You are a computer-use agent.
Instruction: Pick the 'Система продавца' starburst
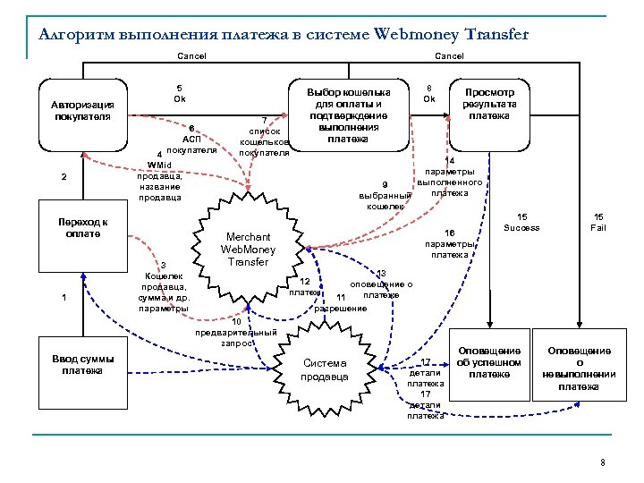(326, 369)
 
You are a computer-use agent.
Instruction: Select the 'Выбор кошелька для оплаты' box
(348, 115)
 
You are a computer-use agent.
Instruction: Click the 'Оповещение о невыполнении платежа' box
(579, 368)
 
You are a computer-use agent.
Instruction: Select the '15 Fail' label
(599, 223)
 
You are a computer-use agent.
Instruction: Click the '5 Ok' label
(179, 92)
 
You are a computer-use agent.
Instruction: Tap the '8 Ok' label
(429, 93)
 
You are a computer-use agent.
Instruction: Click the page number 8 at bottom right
(603, 462)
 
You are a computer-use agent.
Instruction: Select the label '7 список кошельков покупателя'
(264, 136)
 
